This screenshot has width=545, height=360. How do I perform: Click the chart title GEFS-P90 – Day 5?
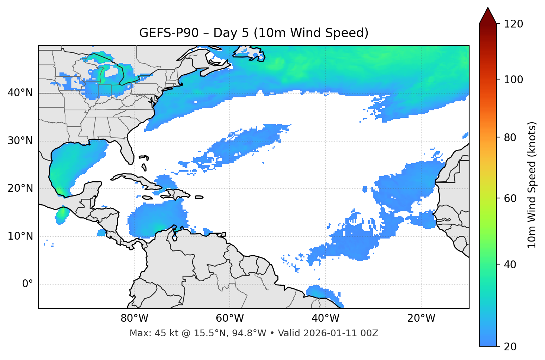click(254, 33)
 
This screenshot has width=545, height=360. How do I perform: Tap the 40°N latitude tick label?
click(20, 93)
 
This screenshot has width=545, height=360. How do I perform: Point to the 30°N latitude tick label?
click(20, 141)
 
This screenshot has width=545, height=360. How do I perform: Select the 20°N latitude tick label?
click(20, 188)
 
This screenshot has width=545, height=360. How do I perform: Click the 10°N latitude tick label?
click(20, 236)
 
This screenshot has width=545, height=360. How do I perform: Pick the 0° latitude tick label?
click(28, 284)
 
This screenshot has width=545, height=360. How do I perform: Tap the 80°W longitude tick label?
click(134, 318)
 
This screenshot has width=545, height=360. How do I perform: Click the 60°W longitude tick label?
click(230, 318)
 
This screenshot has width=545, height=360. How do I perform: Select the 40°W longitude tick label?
click(325, 318)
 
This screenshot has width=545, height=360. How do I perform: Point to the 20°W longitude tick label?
click(421, 318)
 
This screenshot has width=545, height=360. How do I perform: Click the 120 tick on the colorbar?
click(513, 24)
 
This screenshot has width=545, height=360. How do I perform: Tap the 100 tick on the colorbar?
click(513, 80)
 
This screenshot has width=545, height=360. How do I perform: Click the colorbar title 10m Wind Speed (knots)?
click(532, 185)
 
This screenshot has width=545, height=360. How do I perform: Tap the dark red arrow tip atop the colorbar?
click(488, 15)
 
